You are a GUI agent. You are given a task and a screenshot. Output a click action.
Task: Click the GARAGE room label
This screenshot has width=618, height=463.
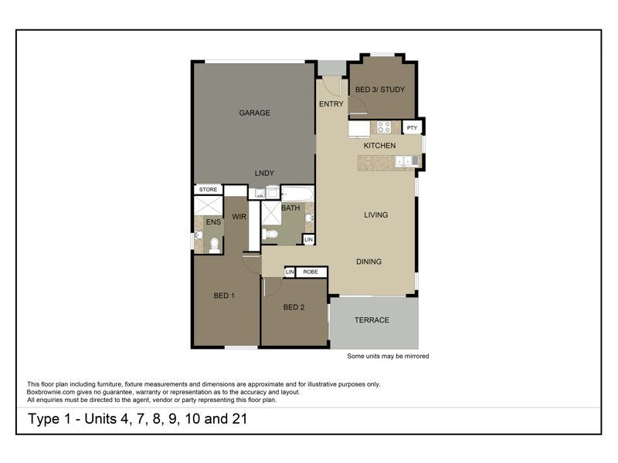(255, 113)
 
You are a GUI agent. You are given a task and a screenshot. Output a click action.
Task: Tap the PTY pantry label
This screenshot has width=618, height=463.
(412, 127)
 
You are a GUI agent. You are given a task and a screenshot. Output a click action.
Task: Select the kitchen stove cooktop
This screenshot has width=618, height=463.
(383, 127)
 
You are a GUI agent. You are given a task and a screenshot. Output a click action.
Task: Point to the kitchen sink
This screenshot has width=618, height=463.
(407, 161)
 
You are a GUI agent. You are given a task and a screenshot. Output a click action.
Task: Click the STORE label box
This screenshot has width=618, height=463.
(208, 189)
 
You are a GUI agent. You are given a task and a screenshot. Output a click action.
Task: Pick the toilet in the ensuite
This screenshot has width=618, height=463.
(215, 245)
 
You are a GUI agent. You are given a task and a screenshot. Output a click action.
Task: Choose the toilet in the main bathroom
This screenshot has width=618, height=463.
(270, 234)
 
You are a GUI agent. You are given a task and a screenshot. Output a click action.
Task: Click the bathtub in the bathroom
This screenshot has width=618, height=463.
(297, 194)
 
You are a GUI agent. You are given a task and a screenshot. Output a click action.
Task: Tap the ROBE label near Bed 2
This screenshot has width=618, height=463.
(311, 272)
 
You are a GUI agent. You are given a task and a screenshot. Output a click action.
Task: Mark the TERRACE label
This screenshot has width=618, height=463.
(372, 320)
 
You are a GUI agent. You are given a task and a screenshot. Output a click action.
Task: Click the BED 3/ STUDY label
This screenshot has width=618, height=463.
(380, 90)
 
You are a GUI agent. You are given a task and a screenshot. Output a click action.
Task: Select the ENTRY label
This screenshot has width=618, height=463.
(331, 104)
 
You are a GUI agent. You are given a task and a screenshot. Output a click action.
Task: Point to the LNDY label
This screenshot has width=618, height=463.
(264, 173)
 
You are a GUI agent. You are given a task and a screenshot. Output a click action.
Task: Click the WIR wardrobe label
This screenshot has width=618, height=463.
(239, 217)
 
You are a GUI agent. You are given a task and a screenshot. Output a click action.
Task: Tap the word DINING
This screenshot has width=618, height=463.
(369, 262)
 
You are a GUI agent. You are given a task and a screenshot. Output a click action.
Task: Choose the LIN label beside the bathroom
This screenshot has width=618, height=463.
(308, 239)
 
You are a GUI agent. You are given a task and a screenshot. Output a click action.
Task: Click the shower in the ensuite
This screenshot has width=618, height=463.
(209, 205)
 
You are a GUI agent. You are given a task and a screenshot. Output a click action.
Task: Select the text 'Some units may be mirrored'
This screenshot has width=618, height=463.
(388, 356)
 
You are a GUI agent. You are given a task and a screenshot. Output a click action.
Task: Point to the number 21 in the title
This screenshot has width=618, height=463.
(239, 418)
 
